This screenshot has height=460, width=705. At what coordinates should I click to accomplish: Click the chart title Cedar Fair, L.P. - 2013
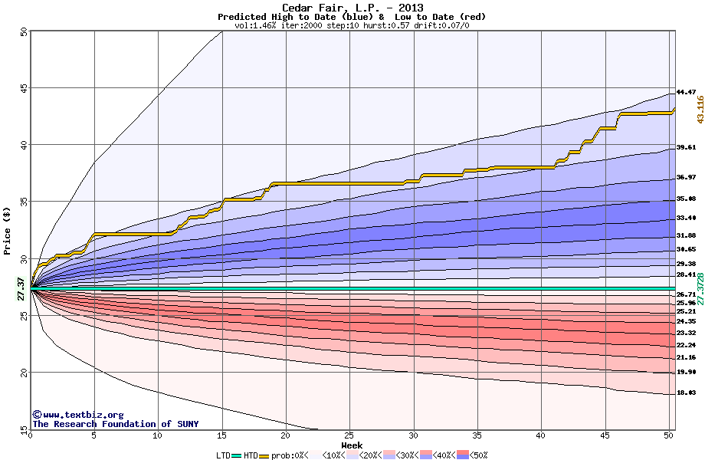click(x=352, y=8)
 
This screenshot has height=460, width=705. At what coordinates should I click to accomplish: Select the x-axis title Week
click(x=352, y=445)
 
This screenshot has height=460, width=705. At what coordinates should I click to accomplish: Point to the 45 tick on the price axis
click(x=23, y=88)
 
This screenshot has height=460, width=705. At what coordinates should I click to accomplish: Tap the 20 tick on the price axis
click(x=23, y=373)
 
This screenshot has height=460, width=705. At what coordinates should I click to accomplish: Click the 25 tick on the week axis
click(x=349, y=435)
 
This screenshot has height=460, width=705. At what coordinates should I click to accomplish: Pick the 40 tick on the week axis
click(x=541, y=435)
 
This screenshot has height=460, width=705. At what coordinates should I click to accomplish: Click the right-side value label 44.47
click(x=686, y=92)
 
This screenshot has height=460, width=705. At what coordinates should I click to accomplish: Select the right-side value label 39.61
click(x=686, y=147)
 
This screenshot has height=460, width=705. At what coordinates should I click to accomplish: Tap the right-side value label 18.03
click(x=686, y=393)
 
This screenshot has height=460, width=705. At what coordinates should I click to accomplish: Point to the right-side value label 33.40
click(x=686, y=218)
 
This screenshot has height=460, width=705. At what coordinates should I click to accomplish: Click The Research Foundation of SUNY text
click(x=114, y=424)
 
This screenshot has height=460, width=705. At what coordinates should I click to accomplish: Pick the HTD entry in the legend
click(x=250, y=455)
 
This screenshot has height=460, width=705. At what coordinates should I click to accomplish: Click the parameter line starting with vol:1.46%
click(x=352, y=25)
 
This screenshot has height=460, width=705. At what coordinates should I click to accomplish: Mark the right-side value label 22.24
click(x=686, y=345)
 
